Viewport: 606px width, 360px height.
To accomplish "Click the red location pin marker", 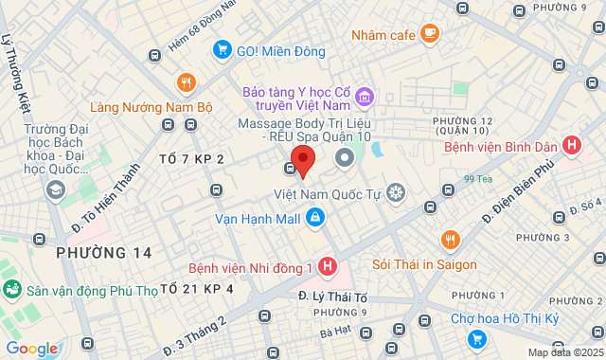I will [303, 159].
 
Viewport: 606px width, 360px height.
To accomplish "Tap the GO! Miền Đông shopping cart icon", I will [222, 48].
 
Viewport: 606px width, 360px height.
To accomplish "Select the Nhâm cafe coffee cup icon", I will [430, 35].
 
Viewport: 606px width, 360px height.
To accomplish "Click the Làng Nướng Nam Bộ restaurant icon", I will [186, 81].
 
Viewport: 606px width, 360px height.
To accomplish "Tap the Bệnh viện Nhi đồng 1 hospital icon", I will [327, 268].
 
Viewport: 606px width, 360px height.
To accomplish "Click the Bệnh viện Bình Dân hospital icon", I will [571, 147].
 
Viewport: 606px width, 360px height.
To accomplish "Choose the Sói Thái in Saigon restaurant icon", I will [451, 240].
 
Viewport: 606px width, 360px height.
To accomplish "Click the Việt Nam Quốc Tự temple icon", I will [396, 194].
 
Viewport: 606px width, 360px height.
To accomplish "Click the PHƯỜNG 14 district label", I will [103, 252].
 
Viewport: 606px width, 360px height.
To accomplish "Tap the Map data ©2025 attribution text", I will [564, 352].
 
